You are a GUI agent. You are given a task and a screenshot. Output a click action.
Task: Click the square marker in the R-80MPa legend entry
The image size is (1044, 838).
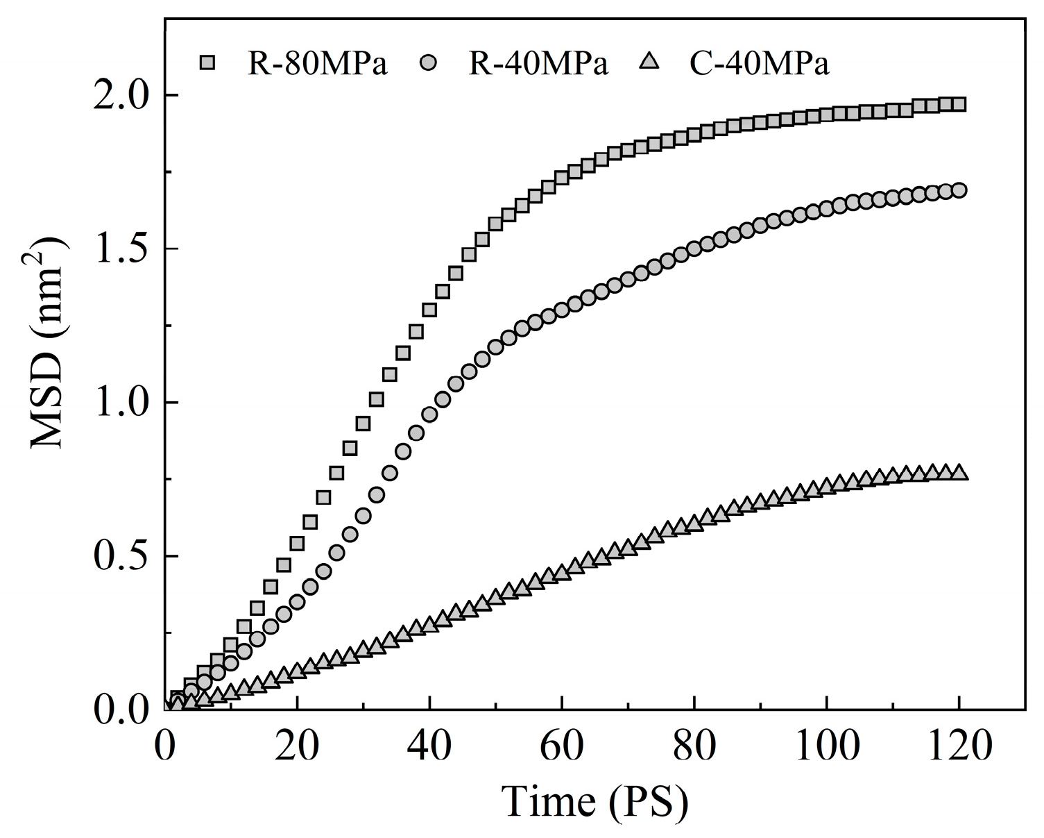[x=207, y=63]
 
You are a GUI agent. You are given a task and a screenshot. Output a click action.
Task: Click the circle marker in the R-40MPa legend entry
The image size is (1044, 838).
[x=429, y=63]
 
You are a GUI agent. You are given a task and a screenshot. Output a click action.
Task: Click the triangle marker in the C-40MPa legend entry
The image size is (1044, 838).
[x=649, y=62]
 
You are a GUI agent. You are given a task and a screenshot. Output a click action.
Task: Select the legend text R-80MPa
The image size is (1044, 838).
[x=317, y=64]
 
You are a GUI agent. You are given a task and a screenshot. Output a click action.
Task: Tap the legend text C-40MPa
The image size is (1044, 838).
[x=759, y=64]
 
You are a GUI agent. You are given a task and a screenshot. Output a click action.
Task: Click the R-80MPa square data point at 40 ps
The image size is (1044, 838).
[x=429, y=310]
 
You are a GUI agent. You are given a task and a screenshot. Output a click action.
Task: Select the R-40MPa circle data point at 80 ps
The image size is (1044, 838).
[x=694, y=249]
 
